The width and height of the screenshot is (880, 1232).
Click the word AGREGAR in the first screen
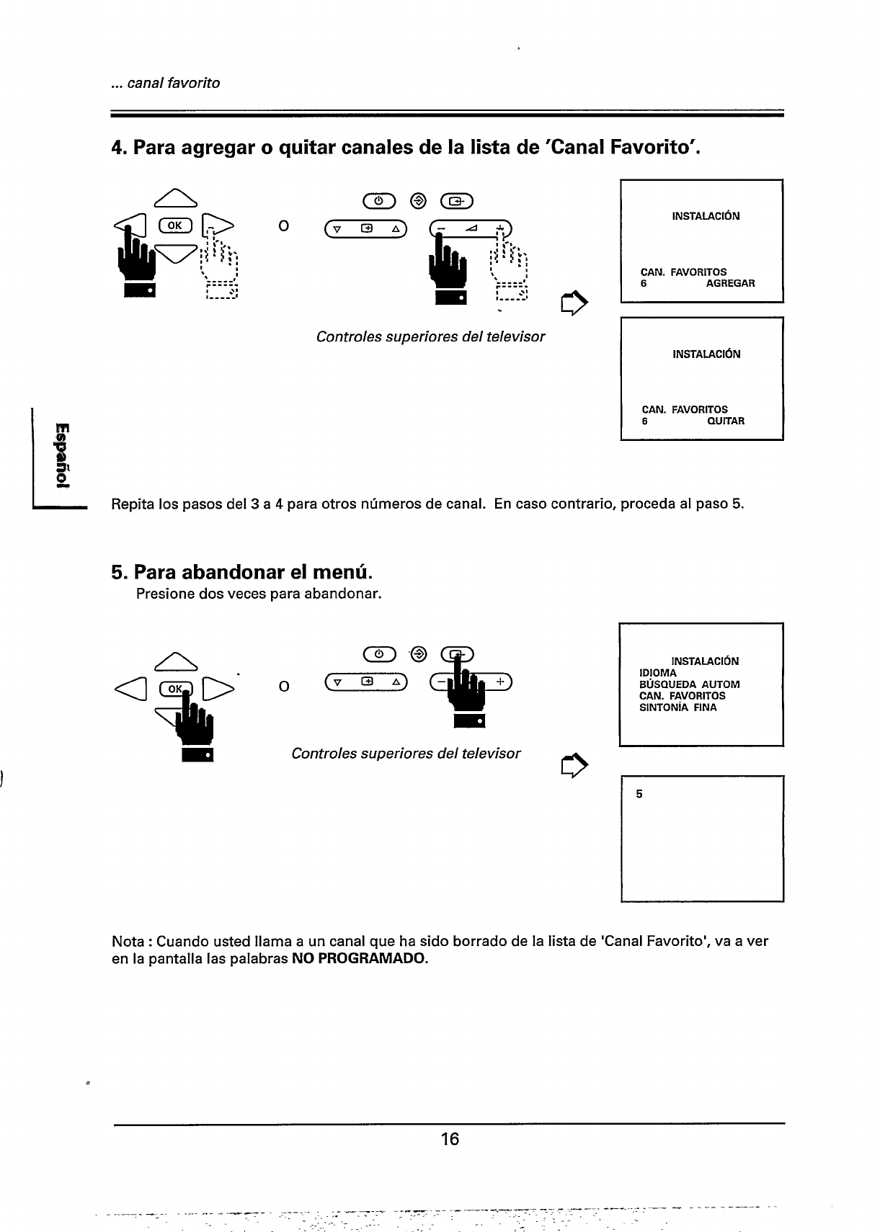[x=730, y=283]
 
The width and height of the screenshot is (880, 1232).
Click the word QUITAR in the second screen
[x=726, y=421]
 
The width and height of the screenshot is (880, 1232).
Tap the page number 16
[x=450, y=1139]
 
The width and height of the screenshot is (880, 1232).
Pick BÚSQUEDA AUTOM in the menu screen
[x=689, y=684]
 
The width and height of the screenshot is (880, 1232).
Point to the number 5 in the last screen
[x=639, y=795]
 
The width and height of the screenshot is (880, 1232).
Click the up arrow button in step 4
[x=172, y=196]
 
